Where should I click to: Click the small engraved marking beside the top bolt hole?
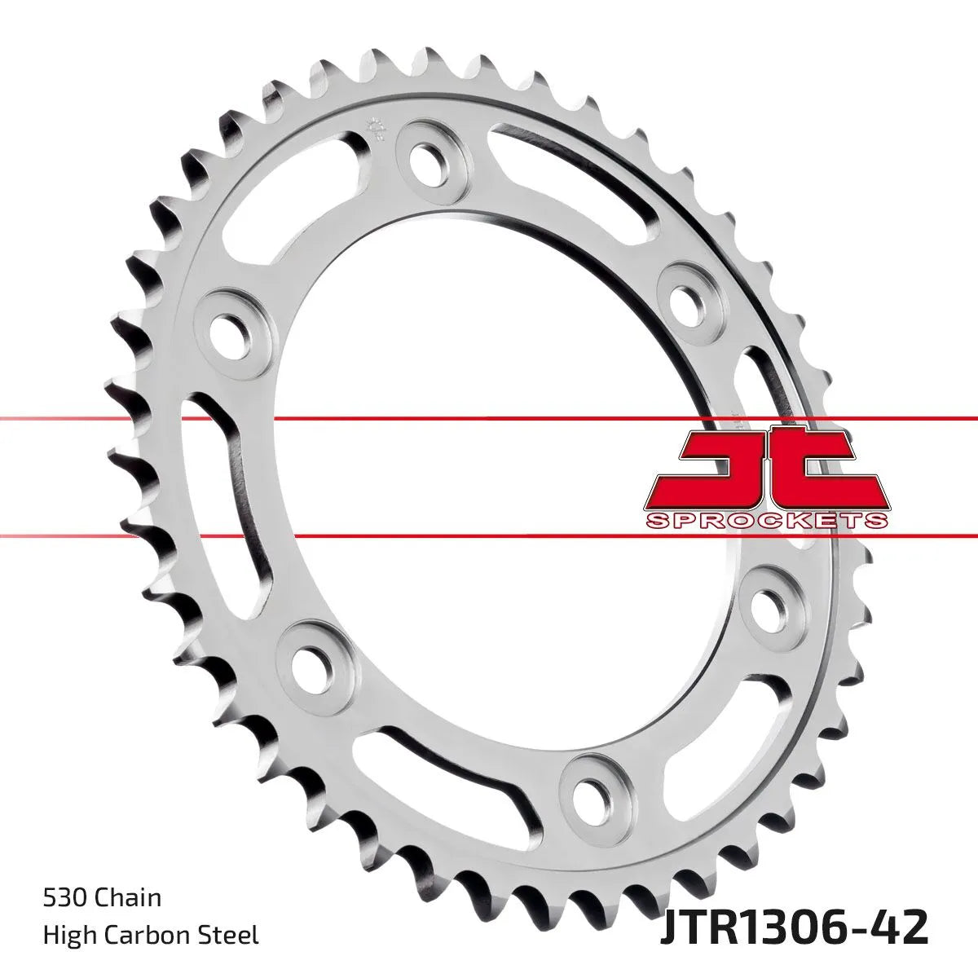[x=377, y=128]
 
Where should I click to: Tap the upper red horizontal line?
[x=489, y=419]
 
